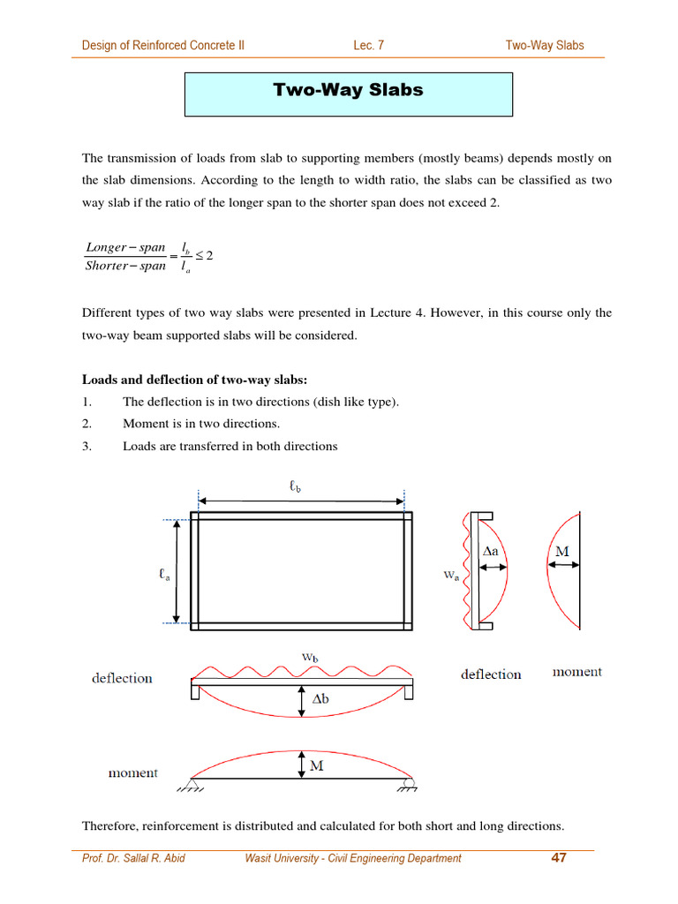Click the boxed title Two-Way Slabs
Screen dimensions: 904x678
tap(348, 91)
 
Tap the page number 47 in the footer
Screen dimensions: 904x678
tap(557, 857)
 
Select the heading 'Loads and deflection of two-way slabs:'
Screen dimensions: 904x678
tap(195, 380)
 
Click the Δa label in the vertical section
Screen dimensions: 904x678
tap(491, 551)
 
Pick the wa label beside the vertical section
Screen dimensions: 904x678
tap(450, 575)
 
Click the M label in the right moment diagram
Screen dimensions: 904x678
tap(561, 552)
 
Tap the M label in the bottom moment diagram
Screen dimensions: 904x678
tap(315, 765)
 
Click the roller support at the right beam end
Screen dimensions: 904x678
tap(408, 783)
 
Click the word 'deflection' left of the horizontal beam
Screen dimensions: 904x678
tap(122, 678)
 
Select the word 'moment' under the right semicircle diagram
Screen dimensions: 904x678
tap(576, 672)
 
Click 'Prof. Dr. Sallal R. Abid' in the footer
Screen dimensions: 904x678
tap(133, 858)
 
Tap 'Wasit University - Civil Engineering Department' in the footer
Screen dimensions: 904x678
tap(353, 858)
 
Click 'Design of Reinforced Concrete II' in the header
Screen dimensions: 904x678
tap(163, 45)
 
